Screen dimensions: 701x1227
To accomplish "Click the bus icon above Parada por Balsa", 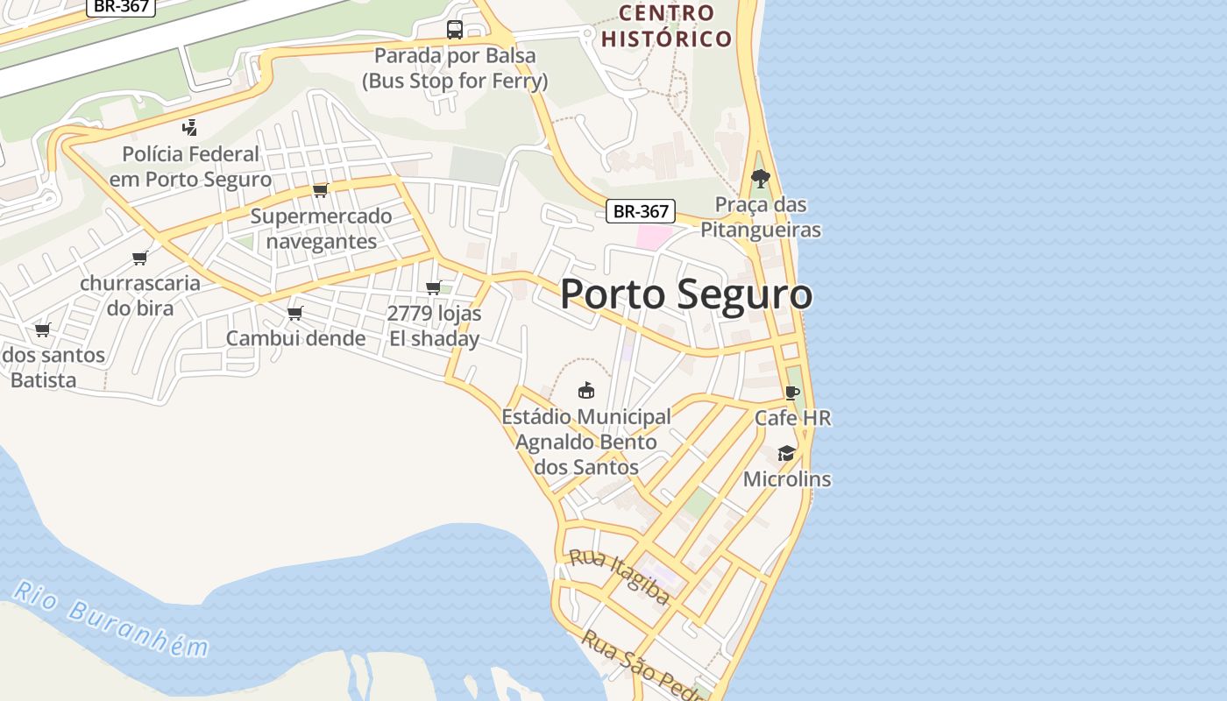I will pos(455,30).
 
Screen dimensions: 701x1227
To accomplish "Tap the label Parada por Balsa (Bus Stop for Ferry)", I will pos(455,68).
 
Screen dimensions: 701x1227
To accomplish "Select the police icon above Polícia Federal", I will pos(189,128).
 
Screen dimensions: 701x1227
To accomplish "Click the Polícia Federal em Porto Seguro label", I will pos(190,166).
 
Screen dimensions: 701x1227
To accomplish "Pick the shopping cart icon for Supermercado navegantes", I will pos(321,190).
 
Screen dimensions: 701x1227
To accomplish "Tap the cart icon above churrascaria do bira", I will pos(139,258).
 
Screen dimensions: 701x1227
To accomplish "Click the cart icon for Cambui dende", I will pos(295,313).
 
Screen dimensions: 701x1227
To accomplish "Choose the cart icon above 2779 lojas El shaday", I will pos(434,287).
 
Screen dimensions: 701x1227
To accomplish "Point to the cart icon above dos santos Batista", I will pos(42,330).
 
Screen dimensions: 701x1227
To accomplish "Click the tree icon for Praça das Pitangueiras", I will pos(760,179).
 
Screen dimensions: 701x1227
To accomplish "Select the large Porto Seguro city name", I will pos(685,294).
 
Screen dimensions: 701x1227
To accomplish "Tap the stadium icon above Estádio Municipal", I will pos(586,390).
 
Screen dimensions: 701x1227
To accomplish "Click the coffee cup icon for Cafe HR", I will pos(792,393).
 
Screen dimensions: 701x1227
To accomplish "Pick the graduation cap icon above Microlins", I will pos(786,453).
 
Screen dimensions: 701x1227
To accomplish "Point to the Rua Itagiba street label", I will pos(620,577).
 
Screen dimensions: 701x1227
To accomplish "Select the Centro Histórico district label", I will pos(667,25).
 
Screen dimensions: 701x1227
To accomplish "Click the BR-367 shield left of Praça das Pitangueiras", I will pos(641,211).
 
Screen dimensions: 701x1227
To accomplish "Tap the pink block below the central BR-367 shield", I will pos(653,236).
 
